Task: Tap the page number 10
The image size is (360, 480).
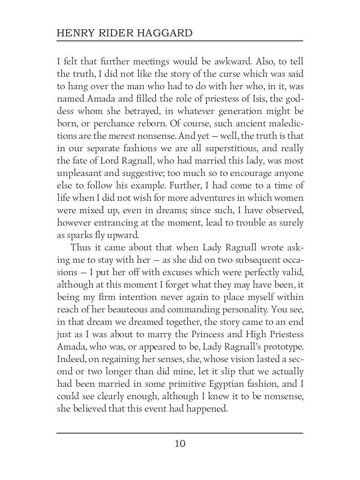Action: pyautogui.click(x=180, y=444)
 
